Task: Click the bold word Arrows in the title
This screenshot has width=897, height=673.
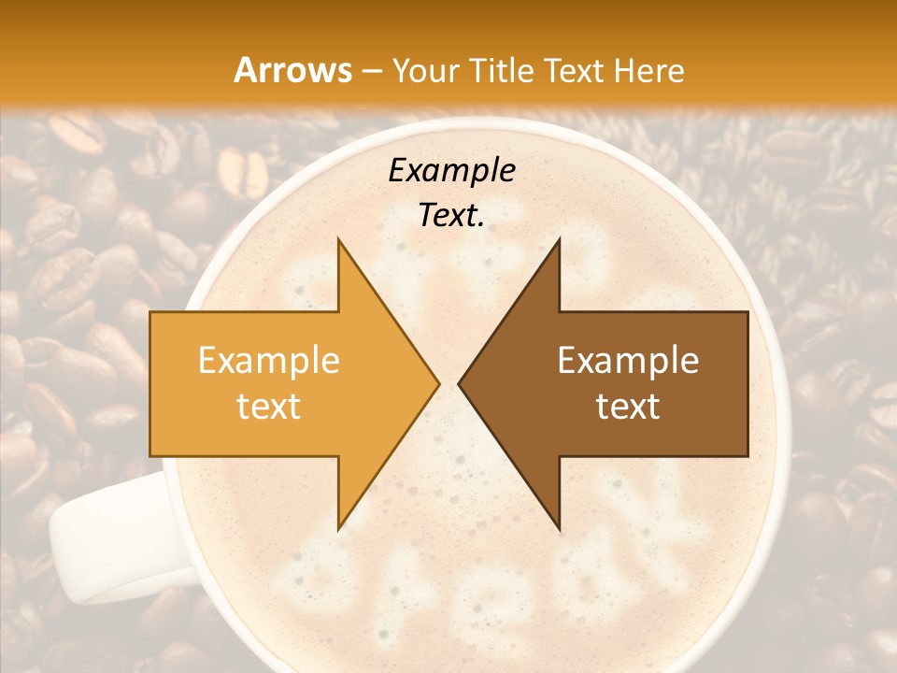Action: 292,70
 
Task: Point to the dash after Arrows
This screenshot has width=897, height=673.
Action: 371,72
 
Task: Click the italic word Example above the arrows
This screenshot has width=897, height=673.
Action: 451,171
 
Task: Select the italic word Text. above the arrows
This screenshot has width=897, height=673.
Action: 451,216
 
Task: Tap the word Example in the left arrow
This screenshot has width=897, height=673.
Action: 269,361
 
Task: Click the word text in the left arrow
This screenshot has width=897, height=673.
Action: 269,407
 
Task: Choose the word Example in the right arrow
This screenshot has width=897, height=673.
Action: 628,361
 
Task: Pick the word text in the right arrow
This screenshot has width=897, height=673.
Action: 628,407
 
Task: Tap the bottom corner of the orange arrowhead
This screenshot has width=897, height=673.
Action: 339,528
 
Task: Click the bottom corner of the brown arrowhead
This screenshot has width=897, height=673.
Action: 559,528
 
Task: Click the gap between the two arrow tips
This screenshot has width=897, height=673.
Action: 448,384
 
